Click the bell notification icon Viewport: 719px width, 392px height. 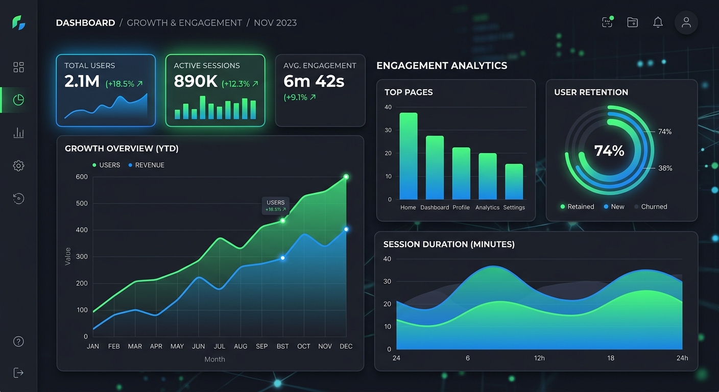(658, 22)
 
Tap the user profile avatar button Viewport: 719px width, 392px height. (686, 22)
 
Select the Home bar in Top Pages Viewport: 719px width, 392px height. (409, 156)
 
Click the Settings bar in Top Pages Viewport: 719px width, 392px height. (514, 181)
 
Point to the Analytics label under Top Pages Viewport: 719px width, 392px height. (487, 208)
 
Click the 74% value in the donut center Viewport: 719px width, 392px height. (609, 151)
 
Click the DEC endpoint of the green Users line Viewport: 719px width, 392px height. (346, 177)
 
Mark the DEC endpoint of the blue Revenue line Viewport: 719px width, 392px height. (346, 230)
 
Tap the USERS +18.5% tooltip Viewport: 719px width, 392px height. (276, 206)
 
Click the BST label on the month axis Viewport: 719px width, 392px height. (282, 347)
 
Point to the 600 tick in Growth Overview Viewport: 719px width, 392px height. (82, 177)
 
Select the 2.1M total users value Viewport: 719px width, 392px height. (82, 82)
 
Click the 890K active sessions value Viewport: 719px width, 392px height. (196, 82)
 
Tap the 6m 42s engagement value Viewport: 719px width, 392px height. (314, 82)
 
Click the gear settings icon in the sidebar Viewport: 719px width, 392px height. (18, 166)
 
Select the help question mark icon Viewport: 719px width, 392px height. (18, 341)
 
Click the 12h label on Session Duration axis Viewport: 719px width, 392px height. (539, 358)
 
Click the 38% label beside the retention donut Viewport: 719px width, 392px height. (665, 168)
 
